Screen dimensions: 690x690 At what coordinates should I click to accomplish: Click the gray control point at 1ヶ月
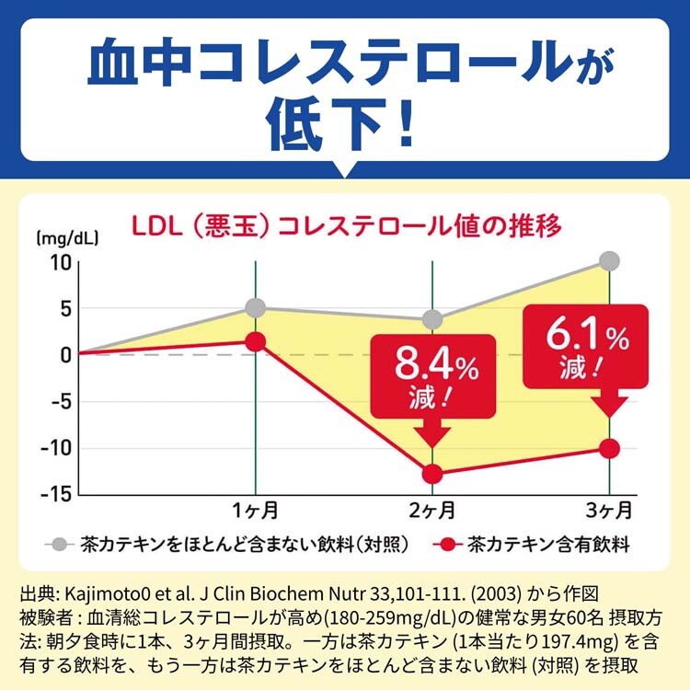[x=256, y=307]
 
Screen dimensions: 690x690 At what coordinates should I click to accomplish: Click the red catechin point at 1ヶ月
[x=256, y=341]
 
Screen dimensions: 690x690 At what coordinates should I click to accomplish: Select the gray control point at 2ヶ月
[x=432, y=320]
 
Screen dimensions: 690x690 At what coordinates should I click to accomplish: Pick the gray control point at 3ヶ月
[x=610, y=261]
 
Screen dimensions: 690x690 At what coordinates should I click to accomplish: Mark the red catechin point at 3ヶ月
[x=610, y=448]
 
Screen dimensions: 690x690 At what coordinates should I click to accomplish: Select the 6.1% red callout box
[x=586, y=347]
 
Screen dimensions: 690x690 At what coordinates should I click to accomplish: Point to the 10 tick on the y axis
[x=61, y=262]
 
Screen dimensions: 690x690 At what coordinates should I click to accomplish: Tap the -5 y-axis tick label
[x=59, y=401]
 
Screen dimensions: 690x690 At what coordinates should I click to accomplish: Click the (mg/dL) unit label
[x=67, y=237]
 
